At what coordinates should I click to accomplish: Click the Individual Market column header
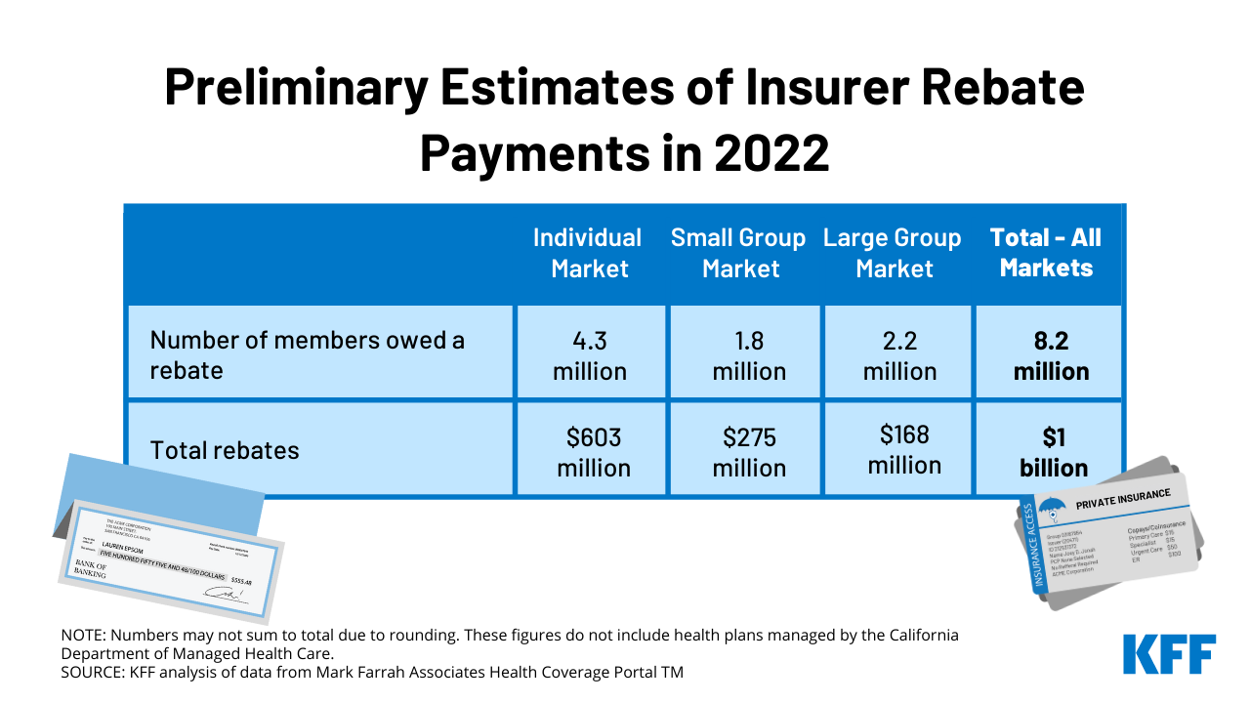coord(587,253)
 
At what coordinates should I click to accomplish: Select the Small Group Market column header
coord(738,253)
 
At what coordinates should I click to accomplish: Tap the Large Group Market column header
coord(893,253)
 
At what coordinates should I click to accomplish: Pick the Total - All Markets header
coord(1046,253)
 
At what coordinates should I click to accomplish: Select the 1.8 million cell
coord(748,355)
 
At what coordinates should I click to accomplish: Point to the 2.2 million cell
coord(898,355)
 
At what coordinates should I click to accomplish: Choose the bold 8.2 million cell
coord(1051,355)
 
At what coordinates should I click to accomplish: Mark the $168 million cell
coord(903,448)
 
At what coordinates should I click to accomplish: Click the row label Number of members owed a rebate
coord(307,355)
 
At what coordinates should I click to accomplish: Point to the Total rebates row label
coord(224,450)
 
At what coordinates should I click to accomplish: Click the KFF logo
coord(1169,654)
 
